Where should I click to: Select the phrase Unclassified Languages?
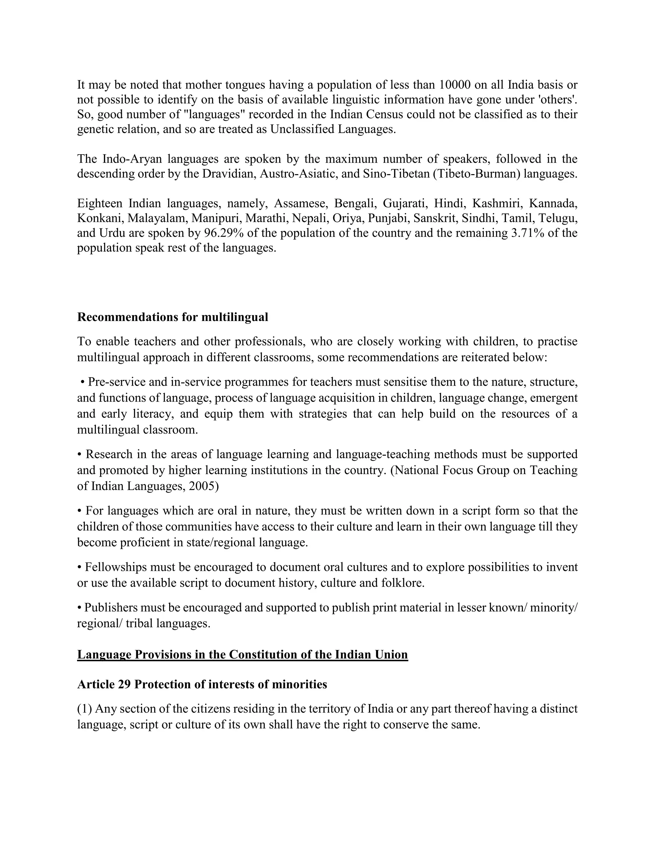(x=333, y=129)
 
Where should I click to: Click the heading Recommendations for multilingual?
(x=173, y=317)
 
